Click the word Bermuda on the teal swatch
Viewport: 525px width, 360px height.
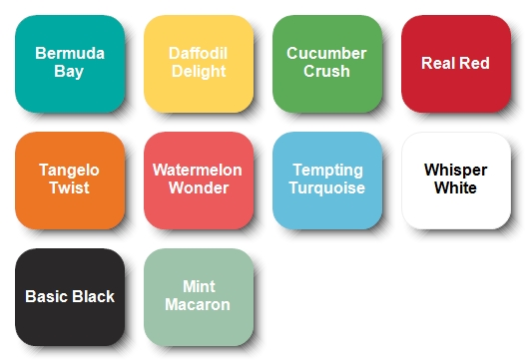[70, 53]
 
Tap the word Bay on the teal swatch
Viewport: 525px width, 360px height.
[69, 72]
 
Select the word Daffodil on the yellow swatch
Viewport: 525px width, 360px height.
[199, 53]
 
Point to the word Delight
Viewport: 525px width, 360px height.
[199, 72]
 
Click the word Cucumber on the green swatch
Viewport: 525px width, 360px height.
[326, 53]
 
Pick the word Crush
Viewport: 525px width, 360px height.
[326, 71]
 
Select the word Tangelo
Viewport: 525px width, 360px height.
[69, 171]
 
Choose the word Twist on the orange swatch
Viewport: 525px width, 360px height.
[70, 187]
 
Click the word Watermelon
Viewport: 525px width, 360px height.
[198, 170]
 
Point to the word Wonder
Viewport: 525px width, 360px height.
[199, 187]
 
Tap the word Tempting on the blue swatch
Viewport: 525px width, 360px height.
[328, 171]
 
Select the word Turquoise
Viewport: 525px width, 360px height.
[327, 188]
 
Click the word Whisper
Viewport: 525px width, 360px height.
[456, 171]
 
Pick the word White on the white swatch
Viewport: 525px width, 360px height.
[455, 187]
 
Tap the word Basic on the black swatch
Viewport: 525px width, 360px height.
[46, 296]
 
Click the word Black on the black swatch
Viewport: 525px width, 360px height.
[93, 296]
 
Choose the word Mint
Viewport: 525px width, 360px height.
[199, 287]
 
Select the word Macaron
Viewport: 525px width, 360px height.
[198, 304]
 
